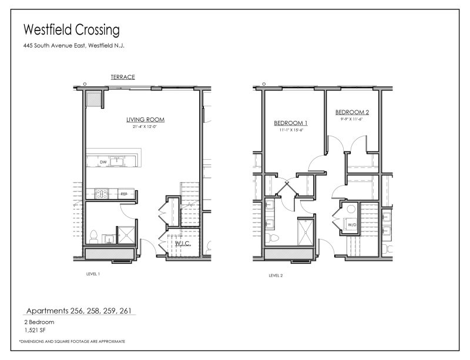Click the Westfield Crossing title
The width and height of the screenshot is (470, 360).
[71, 29]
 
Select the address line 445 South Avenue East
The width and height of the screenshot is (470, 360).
[74, 46]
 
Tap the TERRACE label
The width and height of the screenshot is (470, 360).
[123, 77]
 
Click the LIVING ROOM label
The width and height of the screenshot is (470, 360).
[145, 119]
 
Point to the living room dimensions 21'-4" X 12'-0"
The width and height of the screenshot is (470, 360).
[145, 126]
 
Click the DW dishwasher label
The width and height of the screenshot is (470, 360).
[103, 162]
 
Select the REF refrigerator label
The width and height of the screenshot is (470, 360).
[124, 193]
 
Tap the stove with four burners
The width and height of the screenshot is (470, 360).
[100, 193]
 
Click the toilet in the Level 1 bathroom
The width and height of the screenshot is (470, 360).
[93, 237]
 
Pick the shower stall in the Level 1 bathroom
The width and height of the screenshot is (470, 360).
[126, 235]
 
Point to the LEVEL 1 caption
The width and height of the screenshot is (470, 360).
[94, 274]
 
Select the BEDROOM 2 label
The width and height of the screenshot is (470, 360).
[352, 112]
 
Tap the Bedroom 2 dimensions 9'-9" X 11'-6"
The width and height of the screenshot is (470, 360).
[352, 119]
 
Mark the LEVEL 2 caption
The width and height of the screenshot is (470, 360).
[276, 274]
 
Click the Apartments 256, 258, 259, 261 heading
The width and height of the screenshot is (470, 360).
[82, 310]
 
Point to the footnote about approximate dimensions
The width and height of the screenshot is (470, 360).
[72, 341]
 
